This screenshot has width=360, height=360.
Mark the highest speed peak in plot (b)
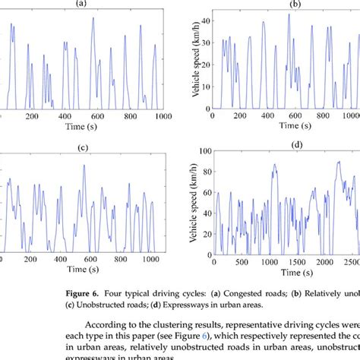(289, 14)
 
